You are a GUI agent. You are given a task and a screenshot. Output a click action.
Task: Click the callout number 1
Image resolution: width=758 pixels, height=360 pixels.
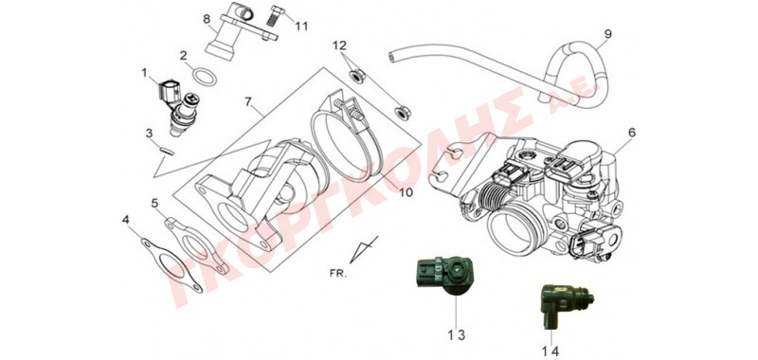tap(144, 73)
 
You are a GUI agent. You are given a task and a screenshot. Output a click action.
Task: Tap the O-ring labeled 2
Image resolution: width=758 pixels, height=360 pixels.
tap(204, 77)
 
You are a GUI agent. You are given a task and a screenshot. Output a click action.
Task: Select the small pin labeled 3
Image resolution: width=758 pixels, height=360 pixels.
tap(167, 150)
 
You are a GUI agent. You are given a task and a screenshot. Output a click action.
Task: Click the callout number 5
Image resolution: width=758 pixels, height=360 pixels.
tap(154, 203)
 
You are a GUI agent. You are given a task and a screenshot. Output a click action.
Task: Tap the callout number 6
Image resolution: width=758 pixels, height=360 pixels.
tap(632, 132)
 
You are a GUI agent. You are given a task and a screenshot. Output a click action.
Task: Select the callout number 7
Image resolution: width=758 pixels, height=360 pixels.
tap(248, 102)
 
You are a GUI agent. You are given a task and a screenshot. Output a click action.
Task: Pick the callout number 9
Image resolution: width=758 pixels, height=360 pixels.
tap(608, 34)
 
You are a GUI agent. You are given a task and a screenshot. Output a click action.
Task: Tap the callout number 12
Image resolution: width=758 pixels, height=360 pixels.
tap(340, 45)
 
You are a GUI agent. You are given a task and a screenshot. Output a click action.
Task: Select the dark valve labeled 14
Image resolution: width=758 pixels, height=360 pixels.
tap(563, 302)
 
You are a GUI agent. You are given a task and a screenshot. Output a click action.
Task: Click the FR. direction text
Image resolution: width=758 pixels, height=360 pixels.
tap(338, 274)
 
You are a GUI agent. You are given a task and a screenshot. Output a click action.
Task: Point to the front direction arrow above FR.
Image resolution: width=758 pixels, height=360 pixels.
tap(364, 250)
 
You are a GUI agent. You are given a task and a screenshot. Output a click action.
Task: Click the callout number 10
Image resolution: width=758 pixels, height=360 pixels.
tap(406, 192)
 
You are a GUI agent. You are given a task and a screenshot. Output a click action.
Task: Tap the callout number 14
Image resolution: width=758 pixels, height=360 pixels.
tap(551, 351)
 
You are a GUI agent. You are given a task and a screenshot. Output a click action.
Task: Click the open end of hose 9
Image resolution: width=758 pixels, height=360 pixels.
tap(391, 58)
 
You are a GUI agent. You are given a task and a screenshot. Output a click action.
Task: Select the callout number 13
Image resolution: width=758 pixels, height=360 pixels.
tap(456, 334)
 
